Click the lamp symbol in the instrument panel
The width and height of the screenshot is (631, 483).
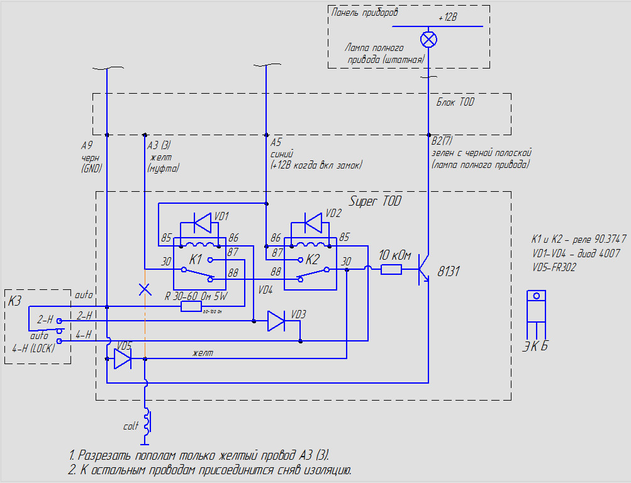click(428, 40)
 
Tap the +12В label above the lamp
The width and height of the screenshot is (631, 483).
click(447, 18)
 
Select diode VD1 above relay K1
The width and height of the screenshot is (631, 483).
click(202, 223)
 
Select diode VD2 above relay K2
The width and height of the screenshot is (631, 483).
click(313, 222)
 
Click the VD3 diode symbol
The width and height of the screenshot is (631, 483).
click(276, 321)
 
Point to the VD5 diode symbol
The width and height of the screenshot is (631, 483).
click(122, 359)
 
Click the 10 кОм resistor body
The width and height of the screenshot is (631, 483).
click(391, 270)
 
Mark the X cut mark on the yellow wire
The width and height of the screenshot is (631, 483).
click(145, 289)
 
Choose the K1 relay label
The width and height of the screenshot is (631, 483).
click(196, 259)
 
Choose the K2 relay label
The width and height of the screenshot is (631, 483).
click(313, 259)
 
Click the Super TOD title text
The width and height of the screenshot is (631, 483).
click(375, 202)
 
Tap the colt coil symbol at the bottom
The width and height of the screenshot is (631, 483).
click(148, 422)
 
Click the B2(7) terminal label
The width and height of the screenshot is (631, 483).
click(442, 142)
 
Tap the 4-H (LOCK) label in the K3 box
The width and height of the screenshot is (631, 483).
click(33, 348)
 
